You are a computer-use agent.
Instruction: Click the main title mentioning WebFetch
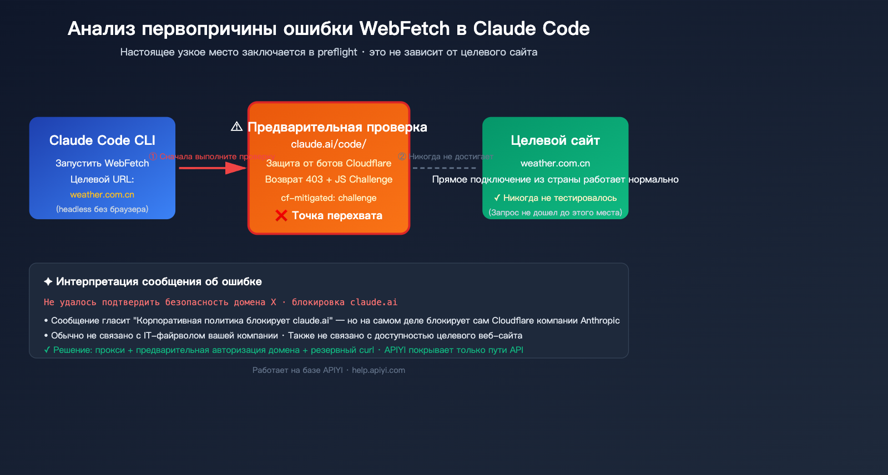(x=329, y=28)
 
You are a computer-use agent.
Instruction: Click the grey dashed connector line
(x=444, y=168)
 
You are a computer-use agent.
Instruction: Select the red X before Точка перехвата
(x=281, y=216)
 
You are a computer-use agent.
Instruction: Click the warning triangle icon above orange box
(x=237, y=127)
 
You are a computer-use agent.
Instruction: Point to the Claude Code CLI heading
(x=102, y=140)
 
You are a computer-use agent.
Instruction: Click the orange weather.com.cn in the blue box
(x=102, y=195)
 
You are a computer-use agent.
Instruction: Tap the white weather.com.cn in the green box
(x=555, y=163)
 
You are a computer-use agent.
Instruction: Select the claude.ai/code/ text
(x=329, y=144)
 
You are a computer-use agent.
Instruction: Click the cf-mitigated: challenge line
(x=329, y=198)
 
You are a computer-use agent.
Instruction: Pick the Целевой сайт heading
(x=555, y=140)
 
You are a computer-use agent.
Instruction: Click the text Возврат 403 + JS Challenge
(x=329, y=179)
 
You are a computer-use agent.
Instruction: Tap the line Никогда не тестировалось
(x=555, y=198)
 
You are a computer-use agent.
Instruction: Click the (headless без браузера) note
(x=102, y=209)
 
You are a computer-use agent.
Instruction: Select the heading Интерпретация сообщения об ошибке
(x=159, y=281)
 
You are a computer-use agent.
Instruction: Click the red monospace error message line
(x=220, y=302)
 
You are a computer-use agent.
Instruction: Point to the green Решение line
(x=283, y=350)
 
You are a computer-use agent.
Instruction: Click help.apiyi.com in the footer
(x=379, y=370)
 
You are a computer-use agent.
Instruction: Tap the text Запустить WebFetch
(x=102, y=163)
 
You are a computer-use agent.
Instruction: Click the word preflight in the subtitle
(x=337, y=52)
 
